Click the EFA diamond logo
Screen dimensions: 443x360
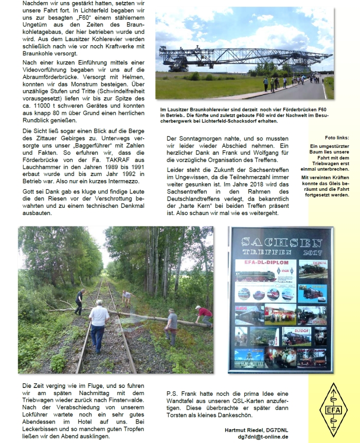(x=332, y=410)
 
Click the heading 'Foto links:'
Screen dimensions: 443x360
(x=337, y=137)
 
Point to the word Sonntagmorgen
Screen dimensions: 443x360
(x=201, y=138)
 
